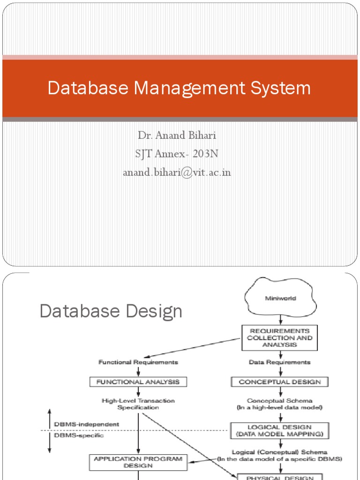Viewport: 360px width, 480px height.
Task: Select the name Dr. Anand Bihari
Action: click(x=177, y=136)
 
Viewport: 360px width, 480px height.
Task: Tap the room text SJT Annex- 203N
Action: click(x=177, y=154)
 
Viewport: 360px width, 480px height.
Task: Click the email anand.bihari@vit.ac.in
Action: click(x=177, y=172)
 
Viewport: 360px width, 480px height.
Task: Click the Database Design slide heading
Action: click(x=111, y=311)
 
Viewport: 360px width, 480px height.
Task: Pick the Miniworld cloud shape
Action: click(x=280, y=298)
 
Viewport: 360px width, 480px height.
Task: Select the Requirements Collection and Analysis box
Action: click(x=280, y=337)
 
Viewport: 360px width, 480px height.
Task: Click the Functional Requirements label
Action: click(x=138, y=362)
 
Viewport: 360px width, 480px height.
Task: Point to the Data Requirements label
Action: click(x=280, y=362)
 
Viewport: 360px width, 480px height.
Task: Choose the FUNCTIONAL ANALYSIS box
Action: click(x=138, y=382)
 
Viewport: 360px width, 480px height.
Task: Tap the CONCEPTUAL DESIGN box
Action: click(x=280, y=382)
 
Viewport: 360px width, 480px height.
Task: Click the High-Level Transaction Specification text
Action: click(x=138, y=404)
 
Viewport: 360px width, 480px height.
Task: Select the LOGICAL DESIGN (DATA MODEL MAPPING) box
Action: click(x=280, y=430)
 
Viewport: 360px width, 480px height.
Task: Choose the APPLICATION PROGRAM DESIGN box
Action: click(x=138, y=462)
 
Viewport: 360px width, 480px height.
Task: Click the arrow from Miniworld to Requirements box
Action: click(x=280, y=320)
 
